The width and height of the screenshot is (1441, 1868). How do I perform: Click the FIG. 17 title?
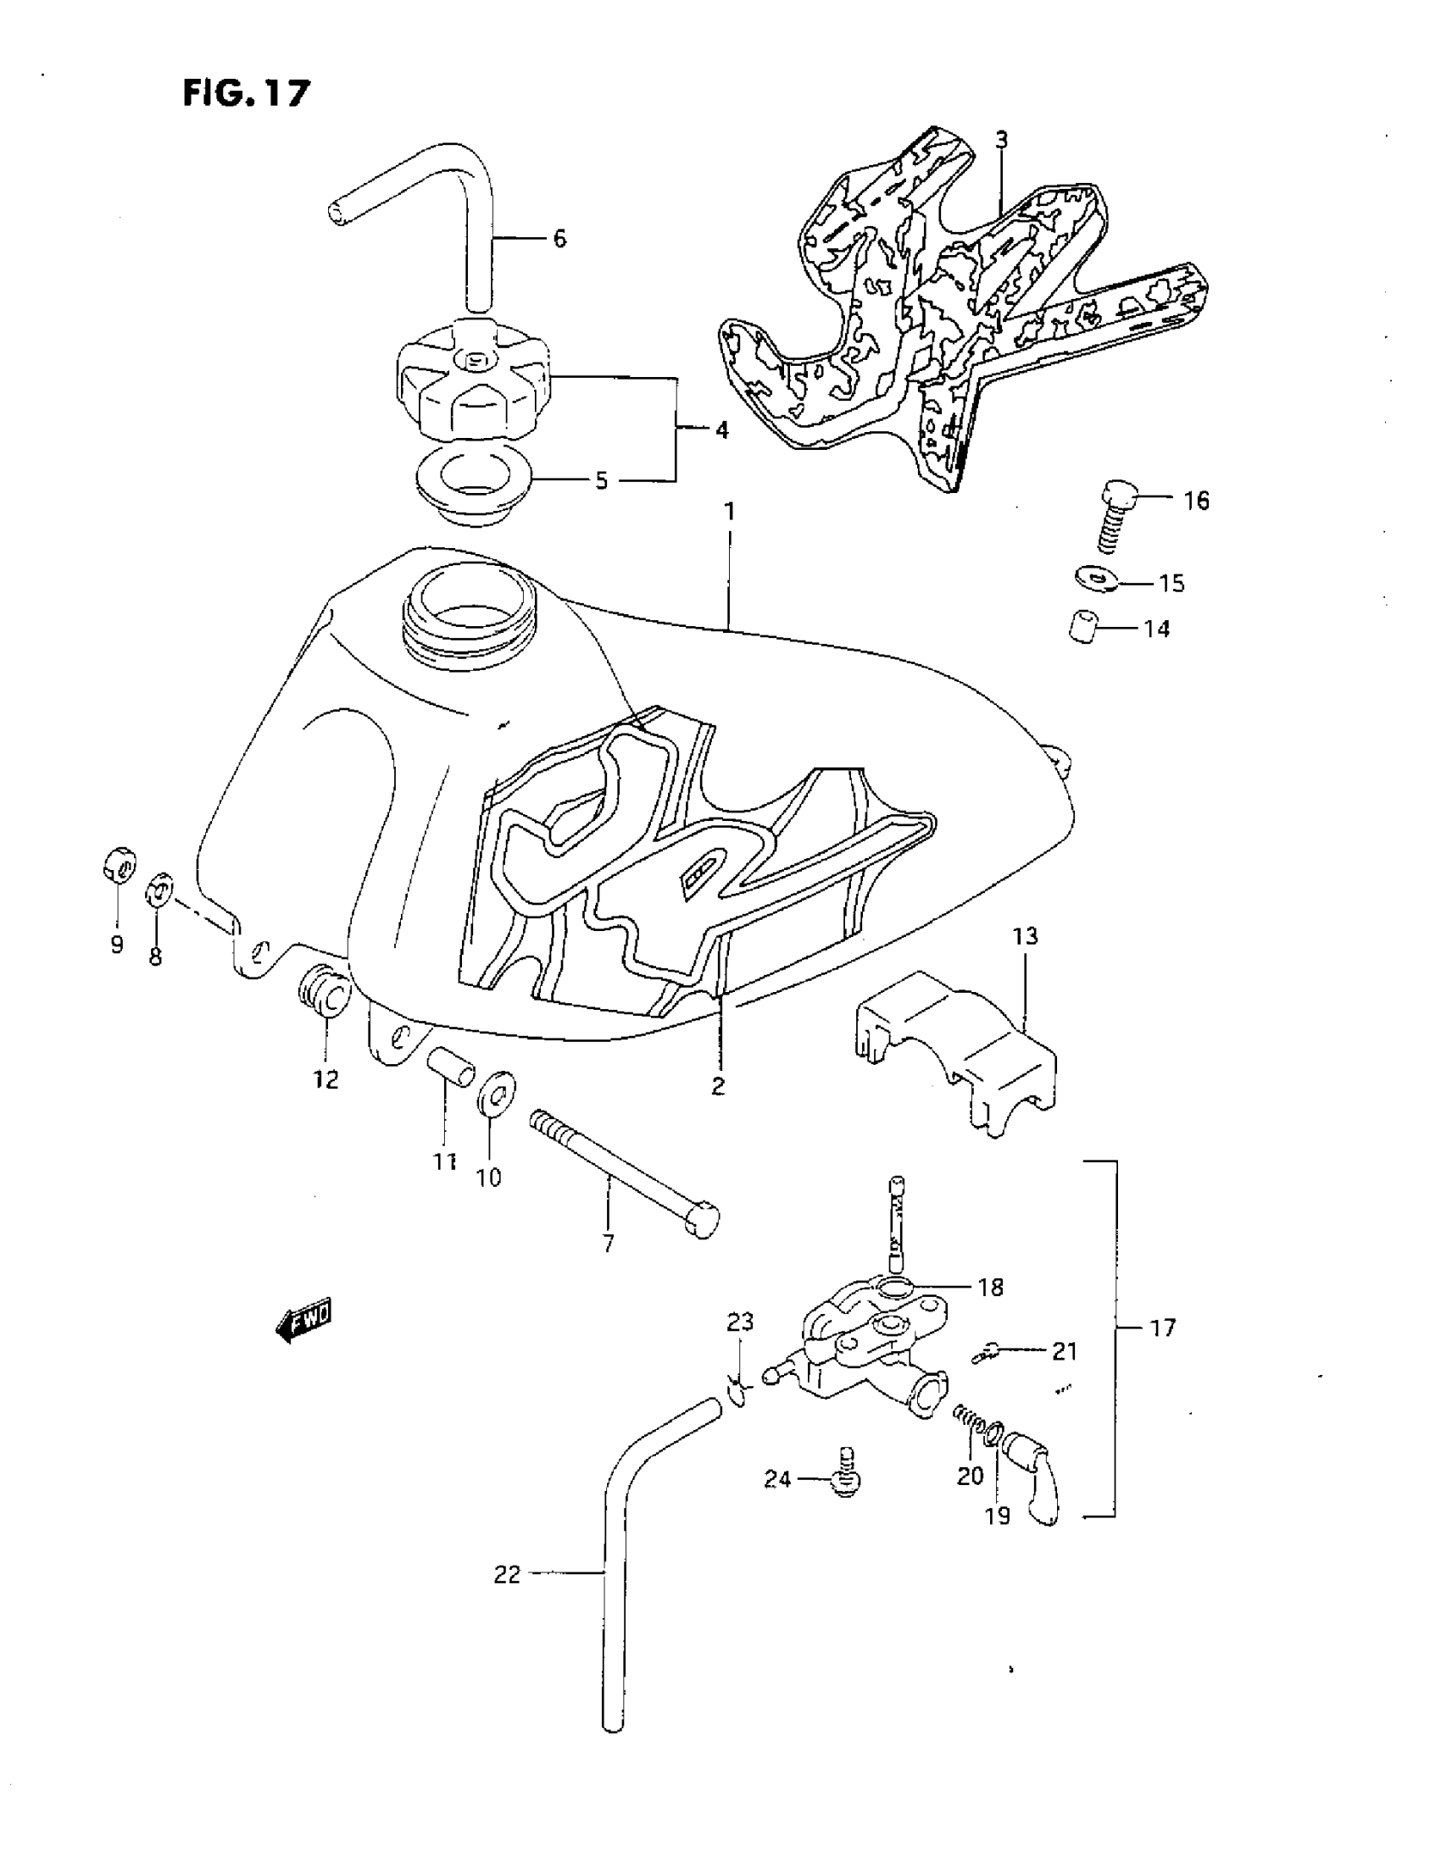click(247, 92)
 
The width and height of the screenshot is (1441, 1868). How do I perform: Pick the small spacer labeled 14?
click(1084, 625)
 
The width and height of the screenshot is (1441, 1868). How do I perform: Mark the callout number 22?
click(507, 1575)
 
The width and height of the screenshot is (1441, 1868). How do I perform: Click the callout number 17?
click(1162, 1328)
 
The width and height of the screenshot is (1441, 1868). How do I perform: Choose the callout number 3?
click(1001, 141)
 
